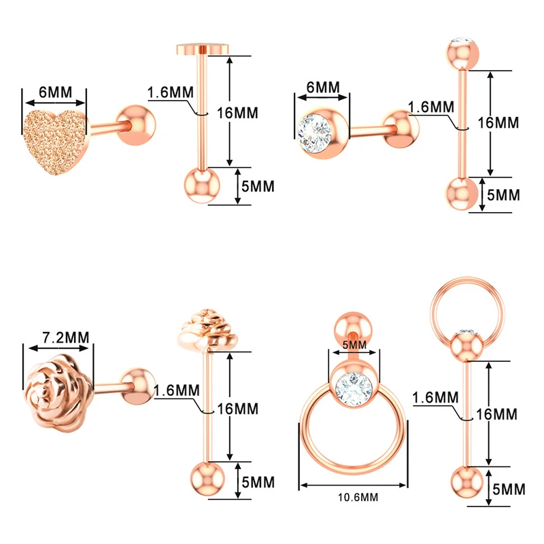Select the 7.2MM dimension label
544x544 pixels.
[58, 335]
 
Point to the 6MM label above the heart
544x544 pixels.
[54, 88]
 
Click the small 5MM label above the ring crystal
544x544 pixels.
[354, 345]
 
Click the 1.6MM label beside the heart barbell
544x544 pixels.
[171, 92]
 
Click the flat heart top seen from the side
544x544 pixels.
[202, 49]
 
